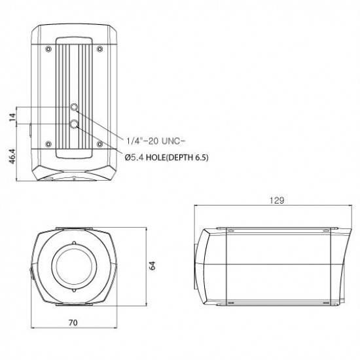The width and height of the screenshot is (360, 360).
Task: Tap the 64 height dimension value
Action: coord(152,266)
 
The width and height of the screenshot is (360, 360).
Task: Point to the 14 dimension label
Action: coord(10,116)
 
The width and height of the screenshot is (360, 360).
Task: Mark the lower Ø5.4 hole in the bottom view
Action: coord(75,124)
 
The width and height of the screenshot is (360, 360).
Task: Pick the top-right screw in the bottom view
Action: coord(99,49)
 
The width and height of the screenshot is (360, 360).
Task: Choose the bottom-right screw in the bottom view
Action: coord(99,143)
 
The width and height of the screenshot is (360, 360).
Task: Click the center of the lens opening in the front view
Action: coord(74,266)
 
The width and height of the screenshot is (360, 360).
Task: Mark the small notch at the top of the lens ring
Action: coord(74,242)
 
